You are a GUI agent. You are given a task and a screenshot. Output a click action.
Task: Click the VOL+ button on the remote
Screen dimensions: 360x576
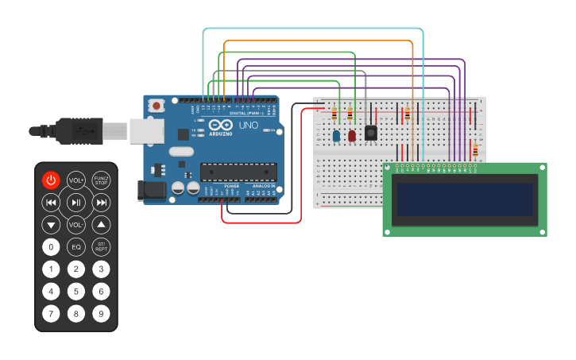[x=75, y=180]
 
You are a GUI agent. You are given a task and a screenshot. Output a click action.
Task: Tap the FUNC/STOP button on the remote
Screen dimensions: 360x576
[x=101, y=180]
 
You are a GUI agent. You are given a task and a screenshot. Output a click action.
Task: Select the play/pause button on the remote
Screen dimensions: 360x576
[x=75, y=203]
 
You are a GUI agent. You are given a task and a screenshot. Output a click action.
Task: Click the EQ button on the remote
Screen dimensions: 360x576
[x=75, y=247]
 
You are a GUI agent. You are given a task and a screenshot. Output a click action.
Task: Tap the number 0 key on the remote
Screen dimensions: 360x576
[x=51, y=247]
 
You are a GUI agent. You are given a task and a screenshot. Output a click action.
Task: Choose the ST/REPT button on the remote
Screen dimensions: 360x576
[x=101, y=247]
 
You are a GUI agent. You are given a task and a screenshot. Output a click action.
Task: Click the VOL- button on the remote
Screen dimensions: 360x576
[x=75, y=225]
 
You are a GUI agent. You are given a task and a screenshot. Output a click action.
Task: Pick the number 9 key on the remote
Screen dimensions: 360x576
[x=101, y=313]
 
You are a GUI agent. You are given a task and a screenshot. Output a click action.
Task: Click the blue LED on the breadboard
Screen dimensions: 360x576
[x=336, y=137]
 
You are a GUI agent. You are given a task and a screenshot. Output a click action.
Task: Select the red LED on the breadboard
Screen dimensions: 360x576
[x=352, y=136]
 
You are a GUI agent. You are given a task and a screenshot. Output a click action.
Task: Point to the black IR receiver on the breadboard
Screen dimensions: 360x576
[x=370, y=133]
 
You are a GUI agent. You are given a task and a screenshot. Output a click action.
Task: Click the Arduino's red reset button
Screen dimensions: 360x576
[x=157, y=105]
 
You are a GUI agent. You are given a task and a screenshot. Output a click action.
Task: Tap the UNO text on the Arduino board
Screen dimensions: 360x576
[x=249, y=125]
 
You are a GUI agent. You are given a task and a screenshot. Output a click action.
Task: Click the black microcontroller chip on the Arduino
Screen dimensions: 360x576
[x=238, y=170]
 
